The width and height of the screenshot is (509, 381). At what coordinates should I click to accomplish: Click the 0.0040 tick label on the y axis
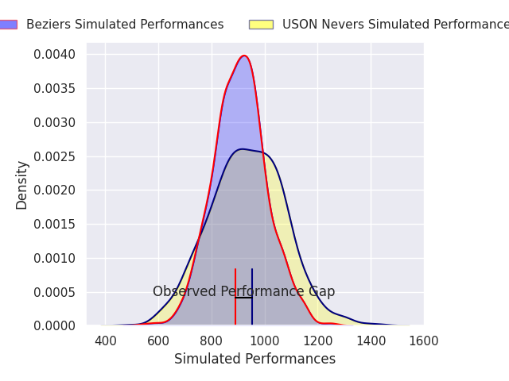(x=56, y=55)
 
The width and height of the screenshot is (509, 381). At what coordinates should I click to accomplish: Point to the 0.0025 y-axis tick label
(x=56, y=156)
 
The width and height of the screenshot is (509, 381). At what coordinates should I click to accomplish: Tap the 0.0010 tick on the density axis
(x=56, y=258)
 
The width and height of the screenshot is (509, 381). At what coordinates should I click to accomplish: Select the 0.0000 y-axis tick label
(x=56, y=326)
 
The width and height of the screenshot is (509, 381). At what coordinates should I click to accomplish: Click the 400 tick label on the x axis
(x=105, y=341)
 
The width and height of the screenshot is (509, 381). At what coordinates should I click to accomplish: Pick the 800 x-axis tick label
(x=212, y=341)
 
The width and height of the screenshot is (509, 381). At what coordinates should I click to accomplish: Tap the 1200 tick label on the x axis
(x=317, y=341)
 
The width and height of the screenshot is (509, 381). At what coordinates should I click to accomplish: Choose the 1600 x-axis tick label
(x=423, y=341)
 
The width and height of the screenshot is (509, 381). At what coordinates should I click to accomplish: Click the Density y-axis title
(x=21, y=185)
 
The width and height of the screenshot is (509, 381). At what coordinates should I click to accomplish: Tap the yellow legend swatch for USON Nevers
(x=261, y=25)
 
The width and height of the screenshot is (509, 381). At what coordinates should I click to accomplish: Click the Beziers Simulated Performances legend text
(x=125, y=25)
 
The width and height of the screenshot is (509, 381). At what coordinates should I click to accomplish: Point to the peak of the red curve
(x=244, y=56)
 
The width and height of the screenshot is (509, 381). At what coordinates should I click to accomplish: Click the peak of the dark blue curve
(x=242, y=149)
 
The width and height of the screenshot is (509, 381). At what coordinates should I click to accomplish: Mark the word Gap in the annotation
(x=322, y=292)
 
